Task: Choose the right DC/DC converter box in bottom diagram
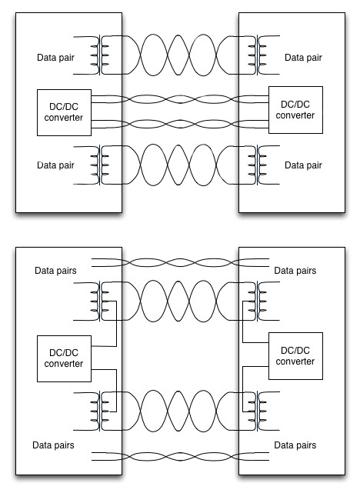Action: coord(296,356)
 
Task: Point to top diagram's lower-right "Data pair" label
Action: coord(303,165)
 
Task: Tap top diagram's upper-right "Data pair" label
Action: coord(303,58)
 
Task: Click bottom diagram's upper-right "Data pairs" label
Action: coord(296,271)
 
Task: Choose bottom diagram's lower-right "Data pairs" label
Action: coord(296,445)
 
